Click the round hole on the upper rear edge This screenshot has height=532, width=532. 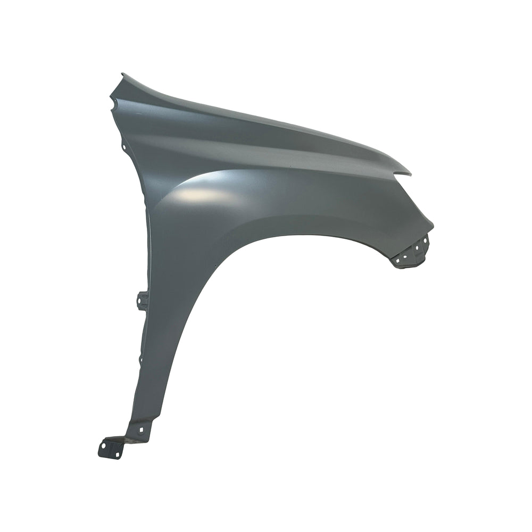[123, 146]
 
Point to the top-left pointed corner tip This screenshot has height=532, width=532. [122, 74]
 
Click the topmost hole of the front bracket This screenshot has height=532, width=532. [425, 241]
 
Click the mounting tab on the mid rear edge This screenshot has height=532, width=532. [142, 300]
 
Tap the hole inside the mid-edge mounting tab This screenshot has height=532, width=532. [141, 304]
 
